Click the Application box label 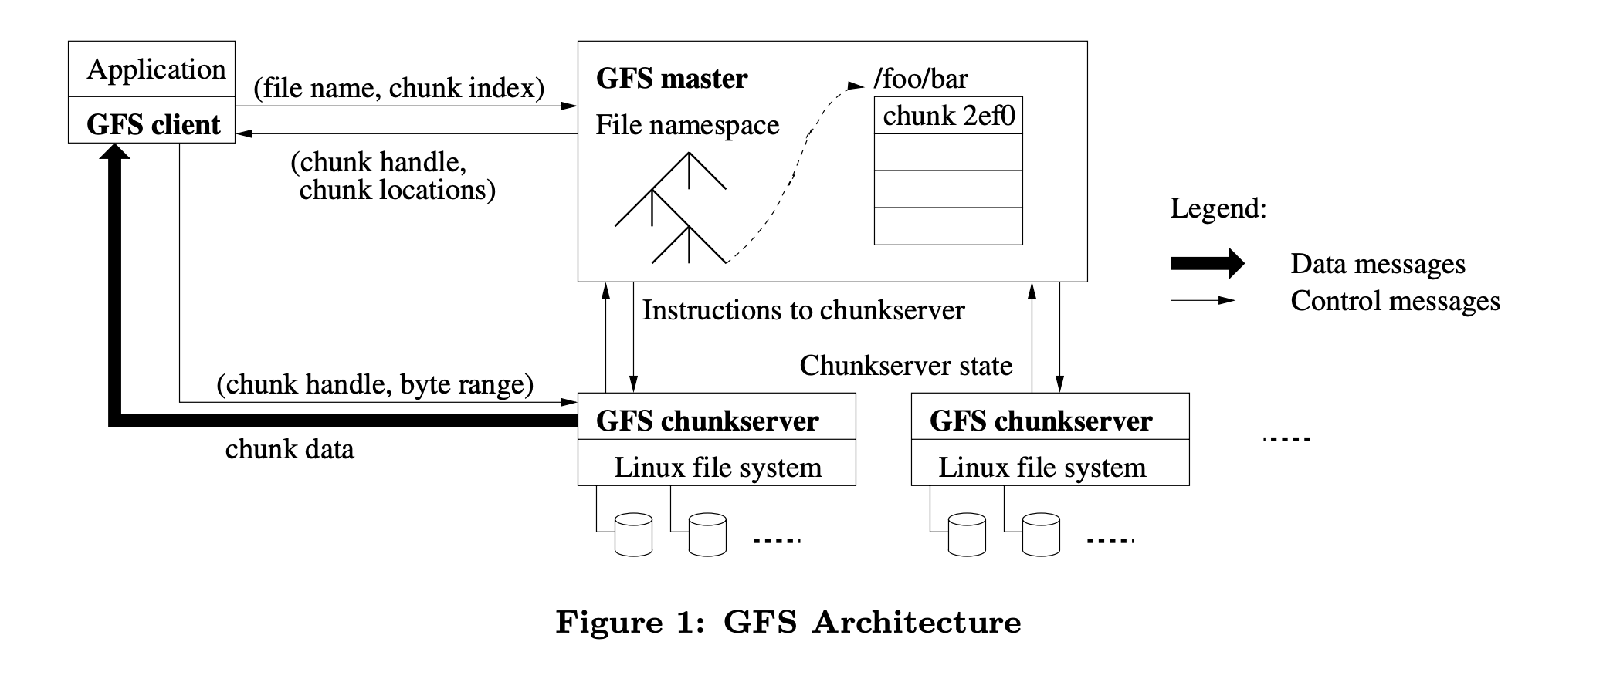point(156,69)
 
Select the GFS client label point(153,124)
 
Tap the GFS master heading point(672,79)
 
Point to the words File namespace point(687,125)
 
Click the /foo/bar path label point(920,79)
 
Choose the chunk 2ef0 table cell point(948,116)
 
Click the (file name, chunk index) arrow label point(398,88)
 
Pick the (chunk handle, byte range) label point(374,384)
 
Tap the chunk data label point(290,449)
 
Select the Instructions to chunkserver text point(803,310)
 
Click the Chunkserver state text point(906,366)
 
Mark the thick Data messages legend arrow point(1207,264)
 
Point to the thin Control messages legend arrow point(1202,300)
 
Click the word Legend point(1218,208)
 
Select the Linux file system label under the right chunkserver point(1042,468)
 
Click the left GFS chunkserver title point(707,421)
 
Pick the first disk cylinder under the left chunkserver point(633,535)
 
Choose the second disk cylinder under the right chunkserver point(1041,535)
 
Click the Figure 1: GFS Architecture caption point(788,622)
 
